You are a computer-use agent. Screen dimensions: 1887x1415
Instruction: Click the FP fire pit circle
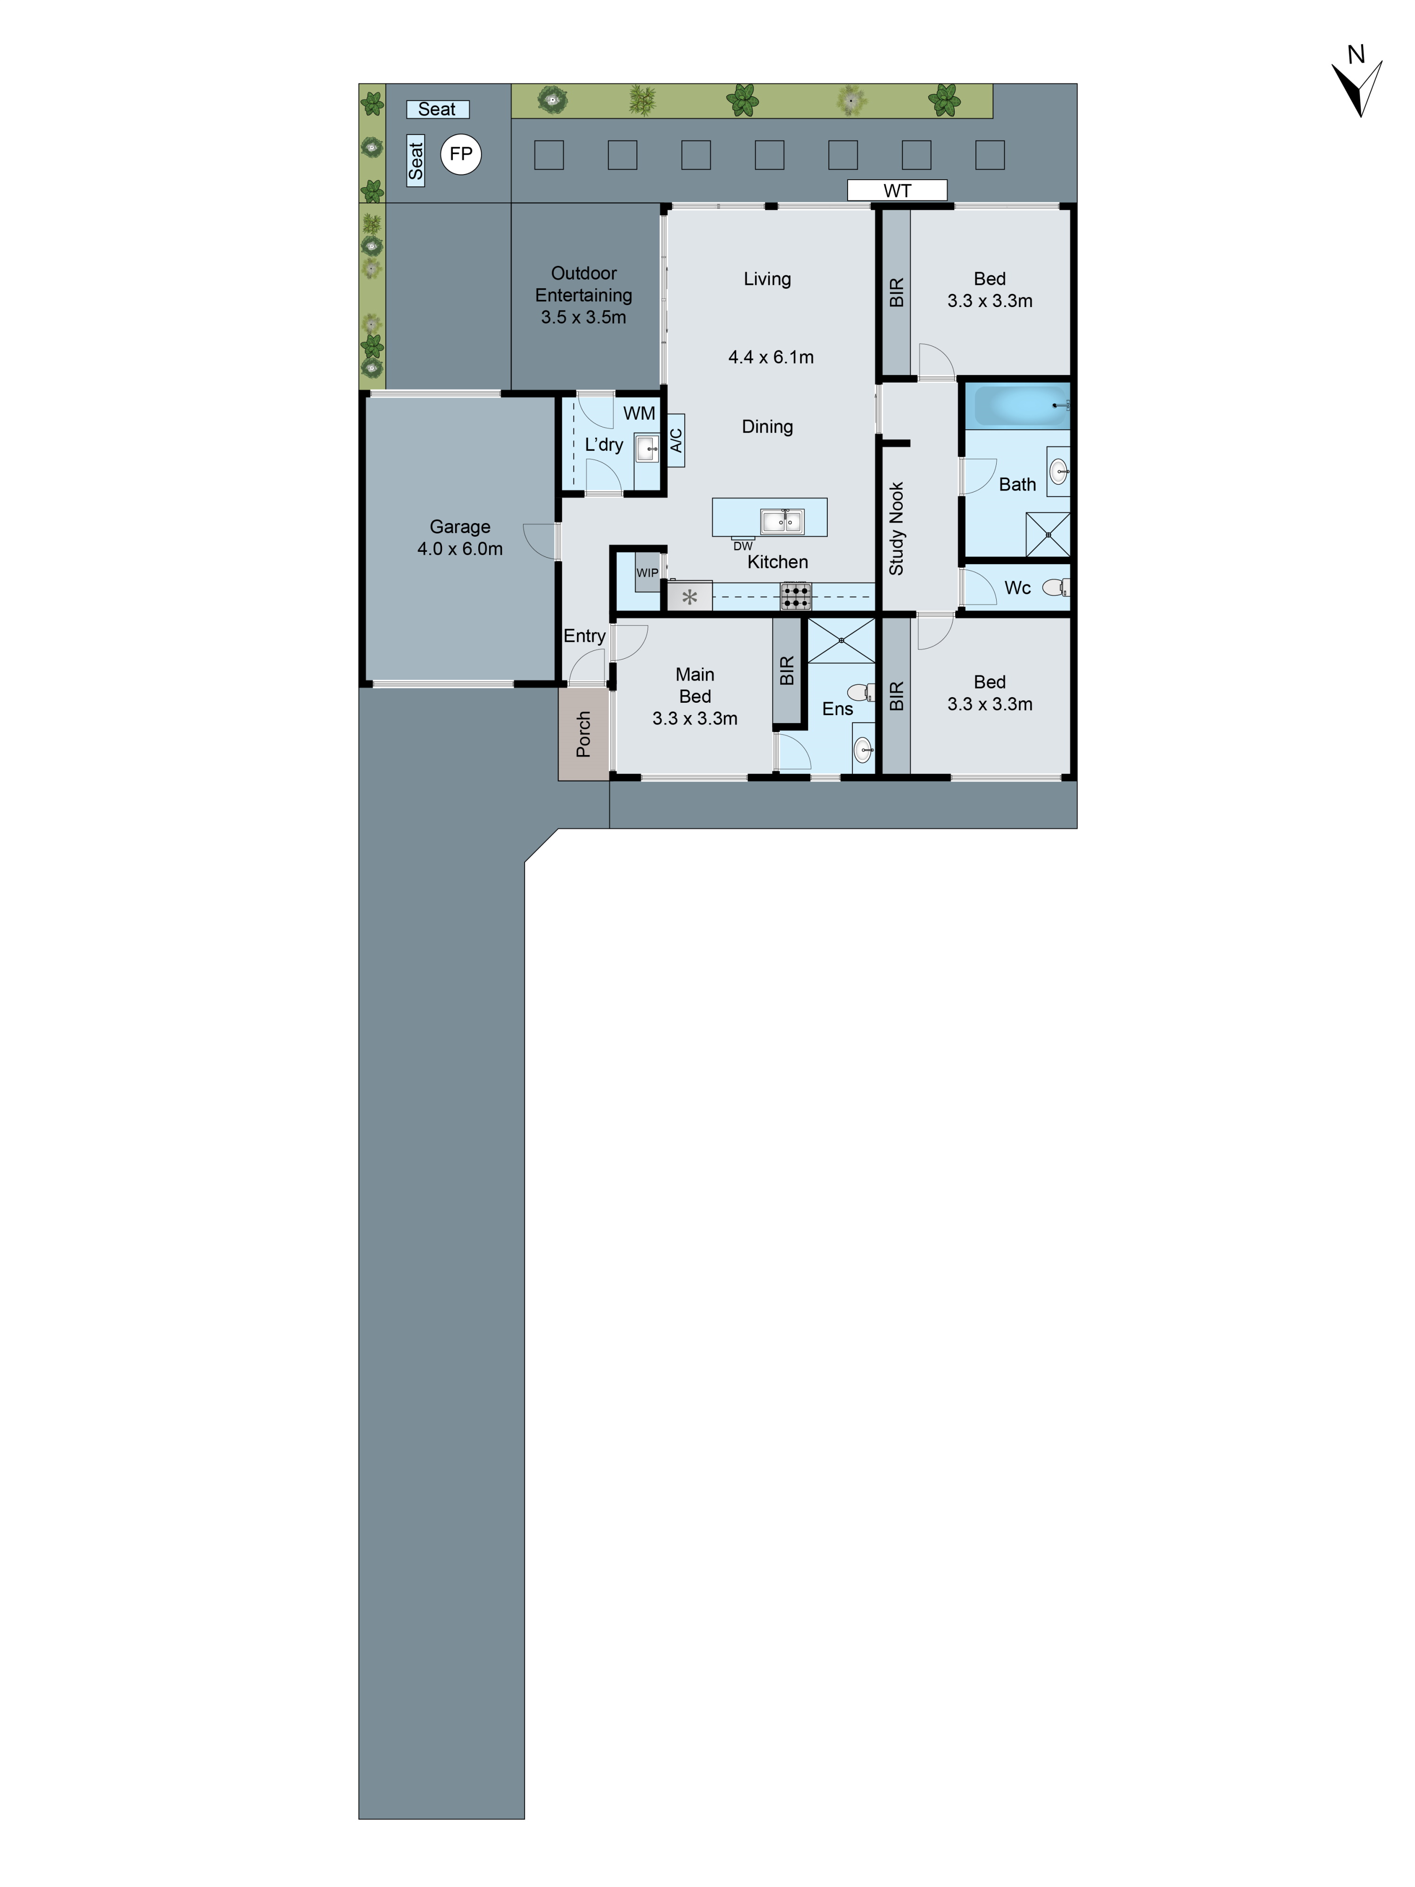(460, 154)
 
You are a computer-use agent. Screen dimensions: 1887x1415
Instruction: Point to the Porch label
(583, 734)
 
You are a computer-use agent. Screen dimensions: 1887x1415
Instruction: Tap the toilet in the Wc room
(1056, 587)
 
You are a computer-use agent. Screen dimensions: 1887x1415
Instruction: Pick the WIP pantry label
(648, 573)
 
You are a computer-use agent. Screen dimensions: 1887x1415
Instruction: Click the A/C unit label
(675, 440)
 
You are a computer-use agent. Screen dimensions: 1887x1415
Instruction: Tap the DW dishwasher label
(743, 546)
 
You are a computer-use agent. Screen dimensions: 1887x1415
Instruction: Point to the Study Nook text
(896, 529)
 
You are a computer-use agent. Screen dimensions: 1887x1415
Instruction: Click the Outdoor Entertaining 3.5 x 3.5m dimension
(583, 317)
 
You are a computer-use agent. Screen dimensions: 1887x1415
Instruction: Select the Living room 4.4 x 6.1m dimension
(770, 357)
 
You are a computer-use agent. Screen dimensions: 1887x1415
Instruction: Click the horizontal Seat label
(437, 109)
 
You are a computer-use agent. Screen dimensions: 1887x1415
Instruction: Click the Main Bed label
(694, 685)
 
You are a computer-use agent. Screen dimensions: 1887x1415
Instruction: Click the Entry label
(584, 636)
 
